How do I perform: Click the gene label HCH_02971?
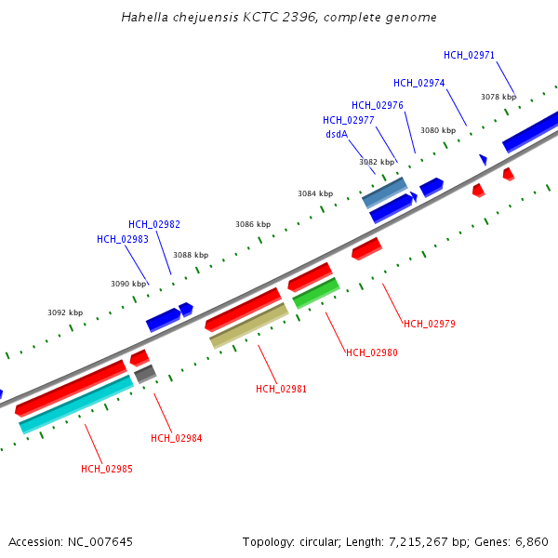click(470, 55)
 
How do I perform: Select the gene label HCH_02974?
click(418, 83)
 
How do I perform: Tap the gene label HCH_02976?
click(378, 105)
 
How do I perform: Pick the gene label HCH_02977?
click(349, 120)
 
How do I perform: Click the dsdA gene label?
click(337, 134)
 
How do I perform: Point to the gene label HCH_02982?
click(154, 224)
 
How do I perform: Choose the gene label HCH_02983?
click(123, 239)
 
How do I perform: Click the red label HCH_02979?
click(430, 324)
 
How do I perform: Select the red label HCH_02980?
click(372, 352)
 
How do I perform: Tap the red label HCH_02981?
click(282, 389)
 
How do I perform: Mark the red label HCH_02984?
click(177, 438)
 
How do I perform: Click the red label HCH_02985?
click(107, 469)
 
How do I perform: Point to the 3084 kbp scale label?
click(315, 193)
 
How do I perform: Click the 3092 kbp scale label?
click(65, 312)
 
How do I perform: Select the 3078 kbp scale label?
click(498, 97)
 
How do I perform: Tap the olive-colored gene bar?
click(249, 325)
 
